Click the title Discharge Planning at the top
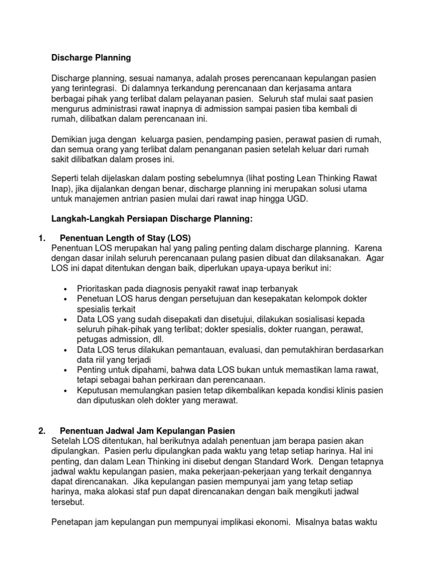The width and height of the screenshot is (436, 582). pyautogui.click(x=91, y=57)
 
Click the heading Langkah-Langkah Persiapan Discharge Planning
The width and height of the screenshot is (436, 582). pyautogui.click(x=152, y=219)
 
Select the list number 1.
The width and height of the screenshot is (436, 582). pyautogui.click(x=33, y=238)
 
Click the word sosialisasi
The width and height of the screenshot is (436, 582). pyautogui.click(x=314, y=319)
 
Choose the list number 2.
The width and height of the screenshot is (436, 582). pyautogui.click(x=33, y=430)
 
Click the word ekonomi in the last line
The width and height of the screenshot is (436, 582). pyautogui.click(x=266, y=522)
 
